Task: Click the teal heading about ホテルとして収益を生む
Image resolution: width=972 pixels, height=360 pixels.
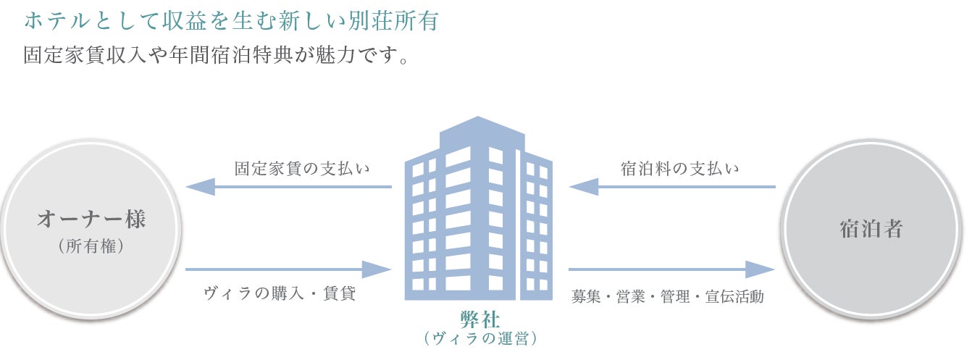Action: (230, 20)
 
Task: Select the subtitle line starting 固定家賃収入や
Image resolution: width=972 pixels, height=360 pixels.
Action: (216, 56)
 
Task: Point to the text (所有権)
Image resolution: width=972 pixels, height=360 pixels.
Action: (91, 246)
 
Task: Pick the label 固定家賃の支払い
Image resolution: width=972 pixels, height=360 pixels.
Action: (302, 169)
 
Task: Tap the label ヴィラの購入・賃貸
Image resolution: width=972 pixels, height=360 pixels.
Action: (280, 294)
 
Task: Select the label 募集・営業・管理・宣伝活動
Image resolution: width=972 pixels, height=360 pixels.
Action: (667, 296)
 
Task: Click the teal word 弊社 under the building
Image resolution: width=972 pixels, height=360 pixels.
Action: (479, 318)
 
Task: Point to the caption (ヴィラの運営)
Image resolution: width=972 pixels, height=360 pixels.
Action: (480, 338)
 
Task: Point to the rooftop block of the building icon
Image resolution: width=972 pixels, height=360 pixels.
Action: (481, 130)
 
